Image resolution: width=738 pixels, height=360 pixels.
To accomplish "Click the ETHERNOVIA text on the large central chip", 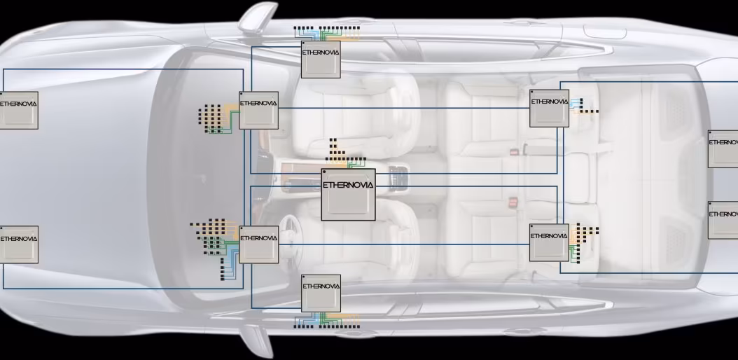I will coord(348,185).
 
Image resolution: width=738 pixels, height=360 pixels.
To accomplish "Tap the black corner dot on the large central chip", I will coord(325,172).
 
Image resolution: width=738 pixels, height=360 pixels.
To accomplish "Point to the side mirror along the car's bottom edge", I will coord(256,341).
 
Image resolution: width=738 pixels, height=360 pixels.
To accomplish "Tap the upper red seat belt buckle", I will coord(513,151).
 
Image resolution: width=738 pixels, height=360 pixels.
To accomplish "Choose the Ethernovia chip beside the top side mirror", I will coord(321,60).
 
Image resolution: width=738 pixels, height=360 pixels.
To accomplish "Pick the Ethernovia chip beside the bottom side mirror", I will coord(321,293).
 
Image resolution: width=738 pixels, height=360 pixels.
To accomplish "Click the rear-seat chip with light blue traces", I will coord(549,108).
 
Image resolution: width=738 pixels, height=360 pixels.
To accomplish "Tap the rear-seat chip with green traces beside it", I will coord(549,242).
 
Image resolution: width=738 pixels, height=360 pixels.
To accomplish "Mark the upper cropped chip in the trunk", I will coord(723,148).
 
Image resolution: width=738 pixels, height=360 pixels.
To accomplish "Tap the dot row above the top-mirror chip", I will coord(326,29).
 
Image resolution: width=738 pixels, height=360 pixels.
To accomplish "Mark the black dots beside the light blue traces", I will coord(588,109).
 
